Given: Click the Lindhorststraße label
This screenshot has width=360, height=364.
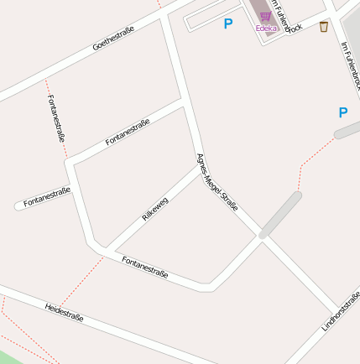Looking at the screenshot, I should pyautogui.click(x=341, y=311).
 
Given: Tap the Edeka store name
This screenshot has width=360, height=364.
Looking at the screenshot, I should pyautogui.click(x=266, y=28).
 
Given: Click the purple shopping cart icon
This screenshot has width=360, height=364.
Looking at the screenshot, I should pyautogui.click(x=265, y=16).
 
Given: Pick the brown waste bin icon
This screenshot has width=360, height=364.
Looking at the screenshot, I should pyautogui.click(x=324, y=27).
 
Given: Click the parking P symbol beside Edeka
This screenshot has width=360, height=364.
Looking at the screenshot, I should pyautogui.click(x=227, y=24).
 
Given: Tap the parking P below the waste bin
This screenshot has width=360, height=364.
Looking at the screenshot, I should pyautogui.click(x=342, y=112).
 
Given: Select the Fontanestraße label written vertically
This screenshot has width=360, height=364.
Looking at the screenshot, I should pyautogui.click(x=57, y=118).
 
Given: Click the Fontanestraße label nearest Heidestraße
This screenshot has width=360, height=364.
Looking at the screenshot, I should pyautogui.click(x=145, y=268).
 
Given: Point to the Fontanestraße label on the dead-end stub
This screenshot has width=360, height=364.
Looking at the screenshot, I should pyautogui.click(x=47, y=197).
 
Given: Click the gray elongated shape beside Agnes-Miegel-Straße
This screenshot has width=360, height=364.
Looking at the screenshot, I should pyautogui.click(x=280, y=215).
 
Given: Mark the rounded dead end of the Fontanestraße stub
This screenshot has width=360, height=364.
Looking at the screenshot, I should pyautogui.click(x=18, y=205).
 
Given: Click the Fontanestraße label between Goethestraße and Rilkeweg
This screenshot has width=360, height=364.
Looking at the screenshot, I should pyautogui.click(x=128, y=133).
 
